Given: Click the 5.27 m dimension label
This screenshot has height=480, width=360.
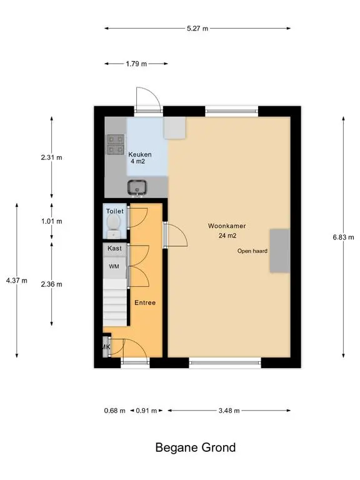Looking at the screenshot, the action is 197,29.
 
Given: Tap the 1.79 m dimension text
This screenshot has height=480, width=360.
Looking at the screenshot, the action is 136,64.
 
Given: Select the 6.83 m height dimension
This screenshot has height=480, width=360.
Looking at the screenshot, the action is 344,237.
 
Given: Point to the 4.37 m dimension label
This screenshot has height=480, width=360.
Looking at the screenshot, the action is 16,281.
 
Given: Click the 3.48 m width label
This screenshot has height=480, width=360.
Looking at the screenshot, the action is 229,411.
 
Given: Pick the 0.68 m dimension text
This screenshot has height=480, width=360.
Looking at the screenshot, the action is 115,411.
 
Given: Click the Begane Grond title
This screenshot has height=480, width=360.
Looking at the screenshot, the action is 196,447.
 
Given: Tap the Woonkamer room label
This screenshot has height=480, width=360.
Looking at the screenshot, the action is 227,226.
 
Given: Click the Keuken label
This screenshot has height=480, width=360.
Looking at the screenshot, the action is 140,154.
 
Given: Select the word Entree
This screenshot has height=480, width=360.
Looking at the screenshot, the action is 145,302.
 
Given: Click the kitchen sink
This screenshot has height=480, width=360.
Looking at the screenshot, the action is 137,187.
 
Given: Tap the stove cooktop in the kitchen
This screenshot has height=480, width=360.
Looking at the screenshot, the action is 116,144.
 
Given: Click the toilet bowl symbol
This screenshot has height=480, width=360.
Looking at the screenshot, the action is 114,226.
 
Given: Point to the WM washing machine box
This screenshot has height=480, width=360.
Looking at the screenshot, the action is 114,266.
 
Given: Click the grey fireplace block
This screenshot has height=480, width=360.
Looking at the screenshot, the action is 279,251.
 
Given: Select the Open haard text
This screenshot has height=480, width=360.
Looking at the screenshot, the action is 252,251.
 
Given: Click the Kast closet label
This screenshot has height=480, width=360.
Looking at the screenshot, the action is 114,248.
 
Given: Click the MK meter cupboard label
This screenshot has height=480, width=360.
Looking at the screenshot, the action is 106,347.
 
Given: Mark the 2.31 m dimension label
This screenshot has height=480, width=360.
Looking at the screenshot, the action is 51,157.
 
